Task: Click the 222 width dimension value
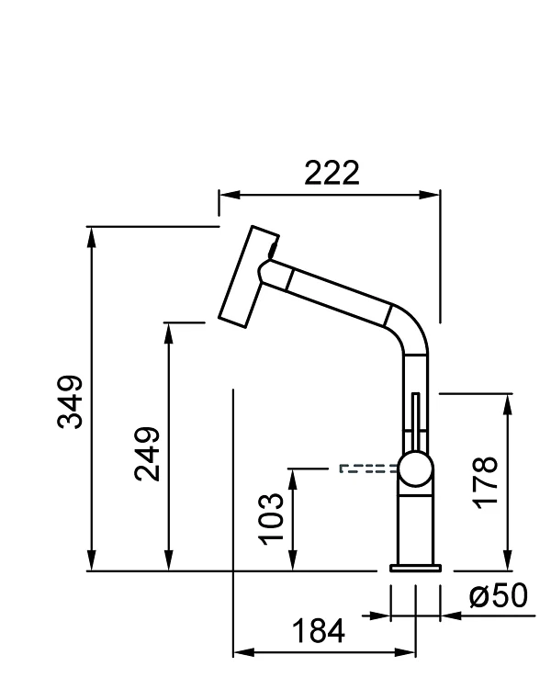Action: click(x=332, y=172)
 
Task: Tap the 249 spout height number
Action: click(x=147, y=452)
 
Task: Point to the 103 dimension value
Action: click(x=272, y=518)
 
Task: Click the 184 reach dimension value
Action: click(x=319, y=632)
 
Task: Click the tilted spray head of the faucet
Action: click(x=245, y=274)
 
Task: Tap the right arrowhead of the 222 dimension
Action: click(x=433, y=195)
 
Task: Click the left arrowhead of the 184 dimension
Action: click(x=242, y=652)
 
